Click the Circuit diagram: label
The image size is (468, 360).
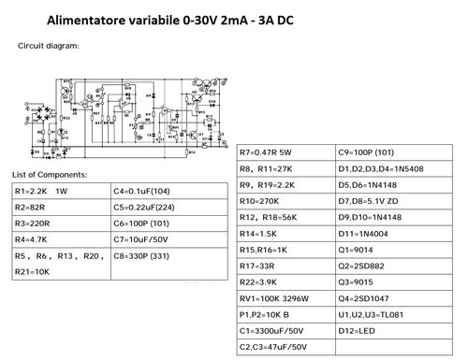point(49,45)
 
